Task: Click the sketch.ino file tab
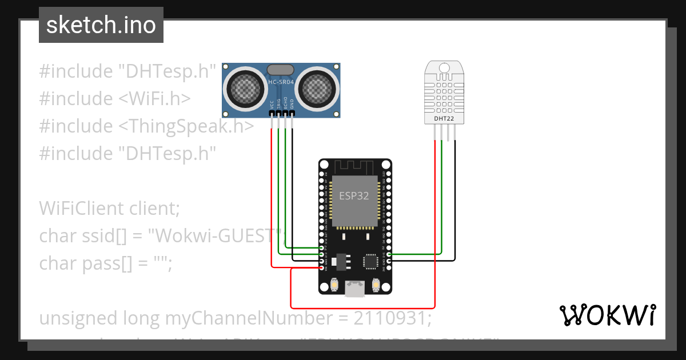pos(101,25)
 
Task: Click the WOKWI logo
pos(607,315)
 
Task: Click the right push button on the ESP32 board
pos(376,285)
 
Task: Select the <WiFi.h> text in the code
pos(154,99)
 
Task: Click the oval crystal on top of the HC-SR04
pos(281,70)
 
